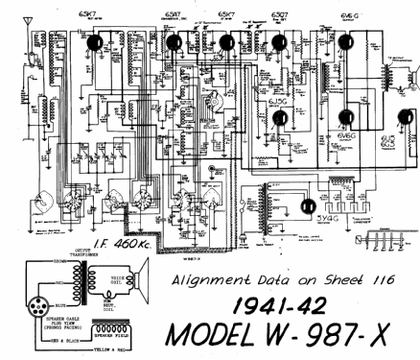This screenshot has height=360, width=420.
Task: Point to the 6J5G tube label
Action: coord(278,101)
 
